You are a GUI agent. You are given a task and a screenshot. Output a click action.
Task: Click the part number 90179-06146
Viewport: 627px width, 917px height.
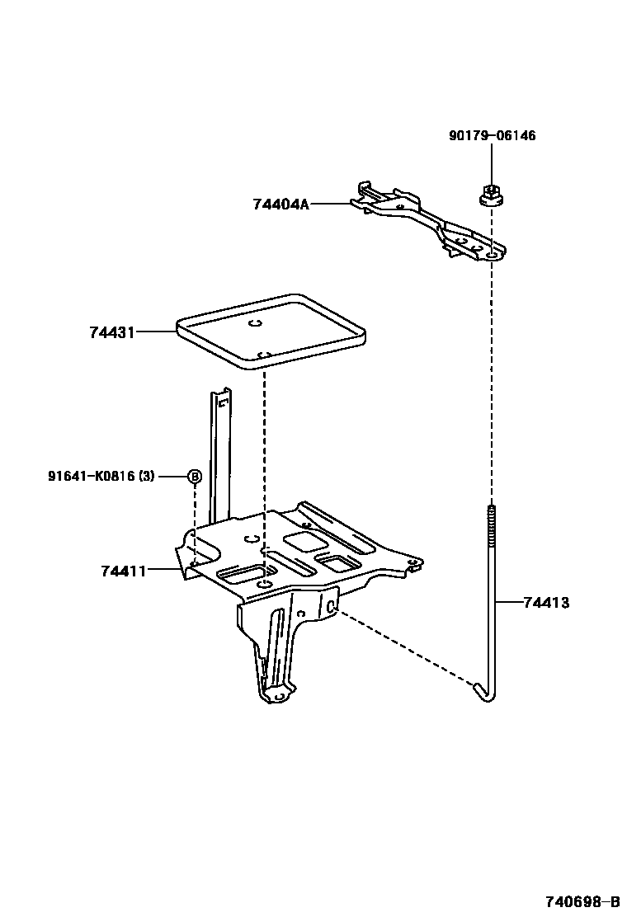point(492,135)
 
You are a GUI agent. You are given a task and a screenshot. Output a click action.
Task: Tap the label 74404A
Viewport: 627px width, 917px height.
point(280,203)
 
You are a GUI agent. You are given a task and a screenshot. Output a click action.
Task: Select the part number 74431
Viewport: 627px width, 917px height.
point(111,332)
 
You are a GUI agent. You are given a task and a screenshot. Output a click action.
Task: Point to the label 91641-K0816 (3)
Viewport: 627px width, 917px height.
point(100,476)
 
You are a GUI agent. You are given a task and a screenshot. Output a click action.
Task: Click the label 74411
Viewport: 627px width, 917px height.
point(123,570)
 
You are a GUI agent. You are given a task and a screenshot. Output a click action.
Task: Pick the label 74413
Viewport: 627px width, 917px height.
point(545,603)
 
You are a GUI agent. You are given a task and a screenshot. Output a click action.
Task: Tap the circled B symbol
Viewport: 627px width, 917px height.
point(194,476)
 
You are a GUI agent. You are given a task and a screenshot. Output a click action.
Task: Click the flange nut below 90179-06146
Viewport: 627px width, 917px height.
point(490,195)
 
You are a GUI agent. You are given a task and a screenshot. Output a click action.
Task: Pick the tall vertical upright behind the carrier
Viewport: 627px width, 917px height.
point(219,454)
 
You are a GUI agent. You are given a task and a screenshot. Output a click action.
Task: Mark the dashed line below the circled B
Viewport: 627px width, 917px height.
point(194,520)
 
